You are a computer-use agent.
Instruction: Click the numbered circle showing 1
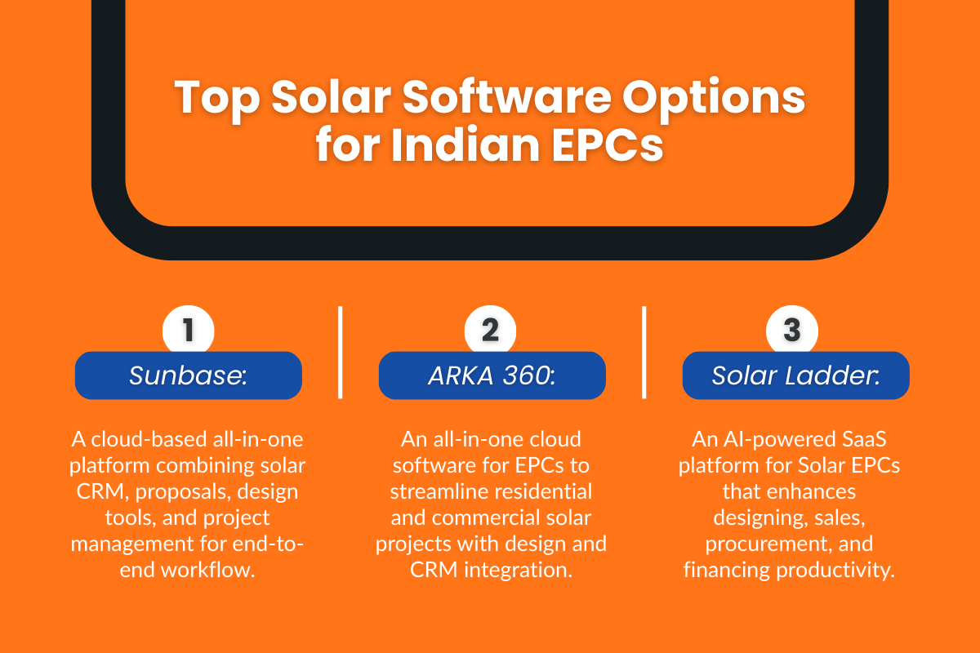(189, 331)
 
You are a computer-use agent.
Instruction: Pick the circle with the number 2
(490, 331)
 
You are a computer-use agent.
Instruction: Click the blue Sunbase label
(189, 375)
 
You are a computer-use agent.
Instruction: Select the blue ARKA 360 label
(492, 375)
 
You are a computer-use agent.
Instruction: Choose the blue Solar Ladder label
(795, 375)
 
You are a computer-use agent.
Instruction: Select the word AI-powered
(765, 440)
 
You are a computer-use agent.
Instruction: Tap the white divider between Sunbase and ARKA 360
(340, 353)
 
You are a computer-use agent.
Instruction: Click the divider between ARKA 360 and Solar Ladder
(644, 353)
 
